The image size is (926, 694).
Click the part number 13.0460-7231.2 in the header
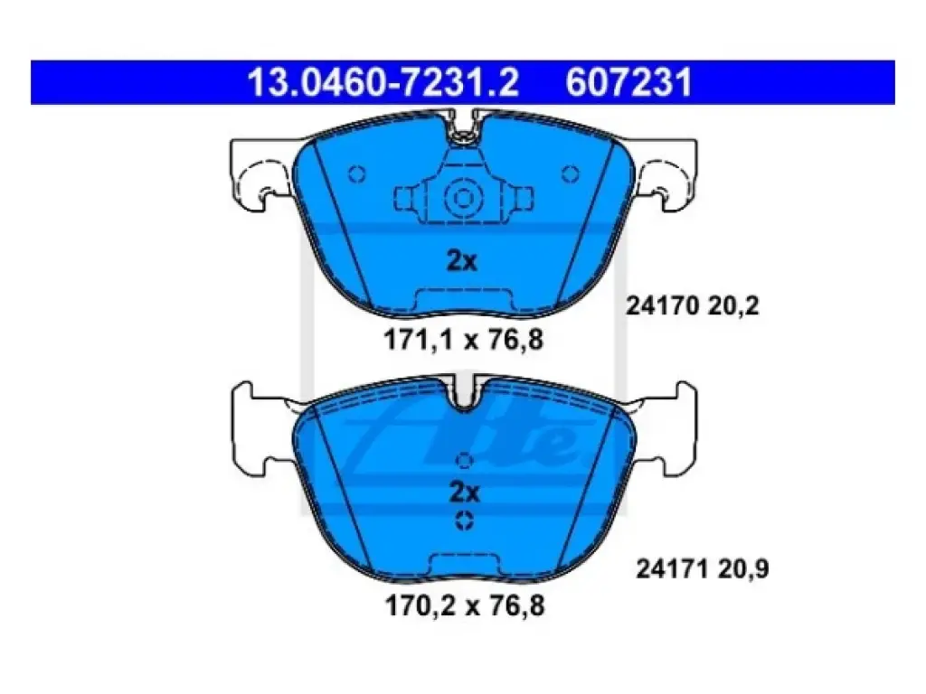coord(383,82)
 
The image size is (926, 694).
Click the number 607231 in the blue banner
coord(628,82)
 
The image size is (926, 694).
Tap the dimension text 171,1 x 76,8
coord(464,340)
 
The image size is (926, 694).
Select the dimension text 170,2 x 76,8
coord(465,605)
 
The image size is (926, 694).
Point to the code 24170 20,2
coord(692,305)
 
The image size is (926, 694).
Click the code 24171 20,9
coord(702,569)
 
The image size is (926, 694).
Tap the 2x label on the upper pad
coord(462,260)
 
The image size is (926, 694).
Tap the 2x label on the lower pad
coord(465,492)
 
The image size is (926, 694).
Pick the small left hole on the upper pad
coord(356,174)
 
